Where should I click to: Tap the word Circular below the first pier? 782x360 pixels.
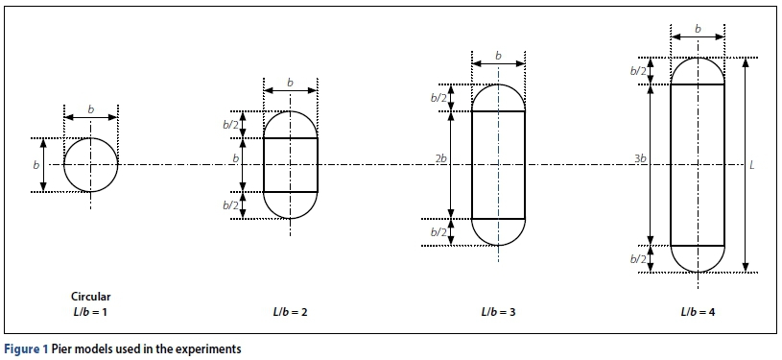(91, 297)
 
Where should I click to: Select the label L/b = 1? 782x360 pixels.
(90, 313)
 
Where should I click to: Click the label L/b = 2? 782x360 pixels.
(291, 313)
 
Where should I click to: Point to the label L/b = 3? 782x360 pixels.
(499, 313)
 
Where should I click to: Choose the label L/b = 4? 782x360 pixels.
(699, 313)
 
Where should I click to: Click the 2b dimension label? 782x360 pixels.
(441, 159)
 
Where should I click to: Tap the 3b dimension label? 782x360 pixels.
(641, 159)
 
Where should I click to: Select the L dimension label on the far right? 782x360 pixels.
(752, 165)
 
